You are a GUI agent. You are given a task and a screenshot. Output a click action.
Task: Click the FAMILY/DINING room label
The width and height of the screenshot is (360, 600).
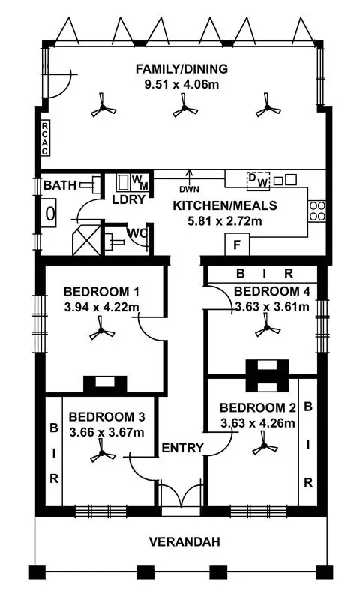181,70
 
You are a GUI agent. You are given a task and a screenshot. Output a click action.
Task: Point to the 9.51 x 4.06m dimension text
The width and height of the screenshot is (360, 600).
181,84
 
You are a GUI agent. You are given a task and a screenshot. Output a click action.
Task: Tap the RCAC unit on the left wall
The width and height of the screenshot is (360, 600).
45,138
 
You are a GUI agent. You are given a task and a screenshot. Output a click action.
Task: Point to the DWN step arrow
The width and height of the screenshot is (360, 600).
188,184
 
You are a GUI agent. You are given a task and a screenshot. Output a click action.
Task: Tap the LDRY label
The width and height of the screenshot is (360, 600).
128,200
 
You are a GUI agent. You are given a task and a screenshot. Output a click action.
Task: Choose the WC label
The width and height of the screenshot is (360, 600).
136,233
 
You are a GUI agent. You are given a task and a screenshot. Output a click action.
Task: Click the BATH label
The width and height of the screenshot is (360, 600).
58,185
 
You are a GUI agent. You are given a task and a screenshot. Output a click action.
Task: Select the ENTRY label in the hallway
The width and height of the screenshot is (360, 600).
182,448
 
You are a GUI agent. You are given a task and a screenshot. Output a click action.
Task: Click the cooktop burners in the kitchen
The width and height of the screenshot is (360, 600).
316,211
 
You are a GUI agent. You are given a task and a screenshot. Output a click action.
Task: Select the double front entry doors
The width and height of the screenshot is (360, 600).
181,498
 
